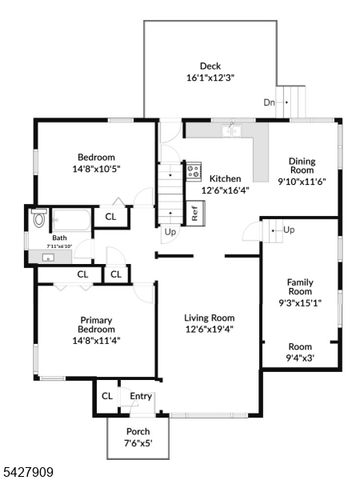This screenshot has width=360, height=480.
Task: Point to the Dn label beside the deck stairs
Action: (x=269, y=102)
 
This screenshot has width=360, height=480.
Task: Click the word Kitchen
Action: (x=224, y=178)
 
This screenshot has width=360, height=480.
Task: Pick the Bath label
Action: (x=45, y=238)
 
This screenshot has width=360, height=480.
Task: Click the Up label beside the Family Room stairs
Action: (x=289, y=230)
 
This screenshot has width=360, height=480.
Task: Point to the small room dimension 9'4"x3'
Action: (x=300, y=357)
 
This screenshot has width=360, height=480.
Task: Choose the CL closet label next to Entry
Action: (x=107, y=397)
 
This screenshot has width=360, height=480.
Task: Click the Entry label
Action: (x=141, y=397)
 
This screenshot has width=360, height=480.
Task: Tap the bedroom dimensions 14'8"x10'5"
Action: (x=96, y=170)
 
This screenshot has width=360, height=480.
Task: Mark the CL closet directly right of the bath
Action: (x=110, y=216)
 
